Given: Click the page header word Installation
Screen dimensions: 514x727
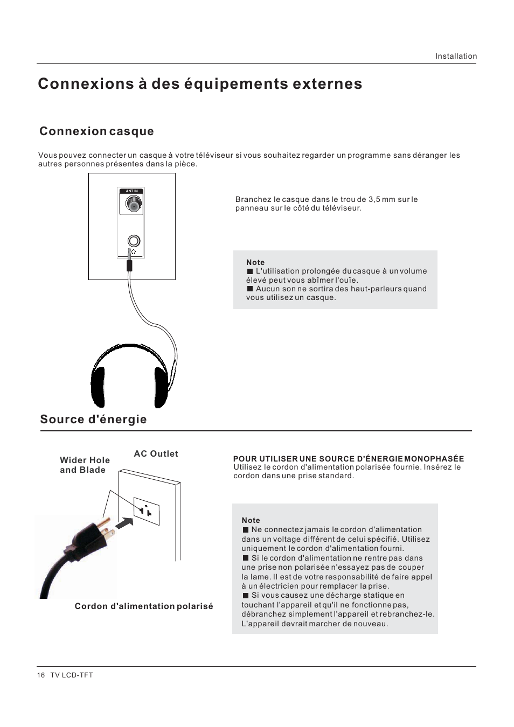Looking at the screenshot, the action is (x=456, y=56).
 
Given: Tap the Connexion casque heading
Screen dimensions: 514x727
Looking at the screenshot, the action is (x=96, y=131).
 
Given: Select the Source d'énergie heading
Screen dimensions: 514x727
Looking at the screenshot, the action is (x=93, y=420).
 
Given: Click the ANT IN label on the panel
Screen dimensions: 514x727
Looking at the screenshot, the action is (x=131, y=191).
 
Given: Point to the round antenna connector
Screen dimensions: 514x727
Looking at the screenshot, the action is (x=133, y=204).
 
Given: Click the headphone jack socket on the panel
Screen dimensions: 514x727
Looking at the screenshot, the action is (x=133, y=241).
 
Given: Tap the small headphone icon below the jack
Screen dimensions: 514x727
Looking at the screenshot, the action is (x=133, y=252).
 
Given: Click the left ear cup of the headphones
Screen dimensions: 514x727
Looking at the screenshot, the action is (x=98, y=386).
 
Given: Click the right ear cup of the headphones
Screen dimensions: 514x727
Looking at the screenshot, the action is (x=161, y=386).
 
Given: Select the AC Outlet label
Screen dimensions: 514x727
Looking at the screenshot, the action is (x=156, y=454).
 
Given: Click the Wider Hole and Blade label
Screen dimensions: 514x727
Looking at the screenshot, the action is (x=85, y=465).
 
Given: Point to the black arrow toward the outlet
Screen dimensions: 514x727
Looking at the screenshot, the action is (x=124, y=522).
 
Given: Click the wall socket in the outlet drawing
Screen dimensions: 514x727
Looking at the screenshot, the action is (x=146, y=511).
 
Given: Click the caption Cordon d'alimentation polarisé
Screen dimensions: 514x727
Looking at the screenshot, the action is (x=144, y=606).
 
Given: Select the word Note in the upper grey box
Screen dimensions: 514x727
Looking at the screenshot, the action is (x=255, y=262).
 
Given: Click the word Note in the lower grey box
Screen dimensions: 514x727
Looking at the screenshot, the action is (x=251, y=520).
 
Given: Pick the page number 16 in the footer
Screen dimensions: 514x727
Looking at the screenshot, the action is (x=41, y=675).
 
